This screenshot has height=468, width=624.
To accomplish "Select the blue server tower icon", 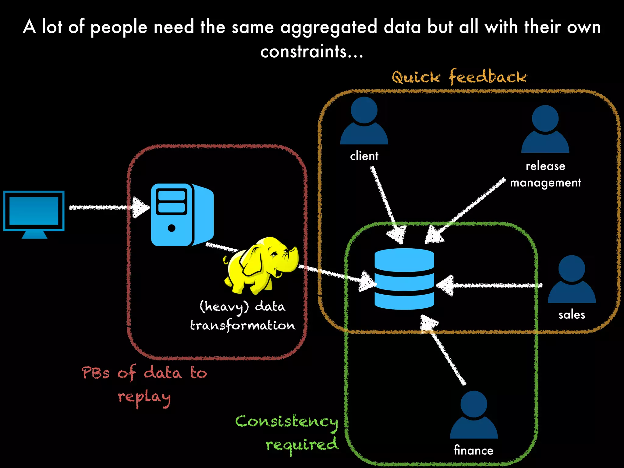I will coord(182,215).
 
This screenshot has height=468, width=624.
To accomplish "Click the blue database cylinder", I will coord(404,279).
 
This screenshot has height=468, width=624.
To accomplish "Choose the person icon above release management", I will coord(545,129).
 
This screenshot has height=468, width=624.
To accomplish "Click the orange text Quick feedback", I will coord(459,77).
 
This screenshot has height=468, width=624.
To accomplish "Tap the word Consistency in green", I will coord(286,422).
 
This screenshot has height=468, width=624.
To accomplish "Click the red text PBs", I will coord(95,373).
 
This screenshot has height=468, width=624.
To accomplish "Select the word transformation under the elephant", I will coord(243,325).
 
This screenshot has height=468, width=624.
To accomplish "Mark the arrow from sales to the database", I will coord(491,285).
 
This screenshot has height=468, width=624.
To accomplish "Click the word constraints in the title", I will coord(303,51).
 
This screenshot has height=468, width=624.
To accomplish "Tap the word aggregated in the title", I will coord(328,27).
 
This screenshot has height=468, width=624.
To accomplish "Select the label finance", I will coord(473,450).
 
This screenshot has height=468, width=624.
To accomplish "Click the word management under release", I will coord(545,183).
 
